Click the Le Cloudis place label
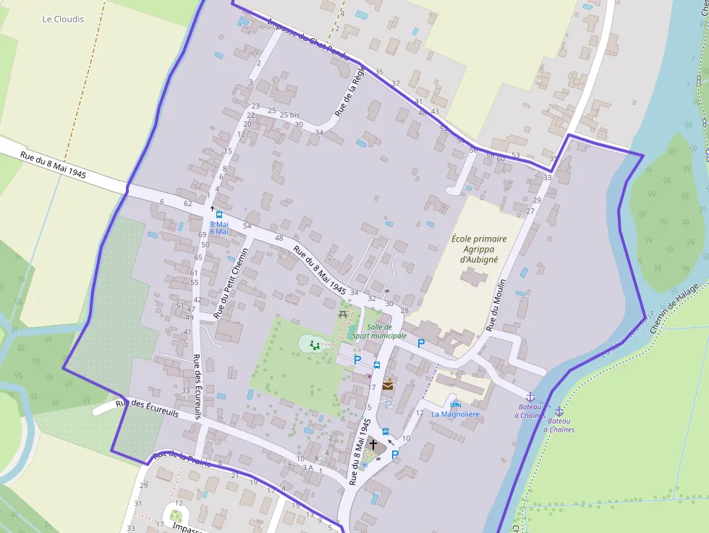[63, 20]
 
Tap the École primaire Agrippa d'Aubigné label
[479, 249]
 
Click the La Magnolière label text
[455, 414]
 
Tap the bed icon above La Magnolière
[455, 404]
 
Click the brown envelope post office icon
[389, 385]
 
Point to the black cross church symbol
[373, 445]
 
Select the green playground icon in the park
[314, 346]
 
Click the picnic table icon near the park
[343, 315]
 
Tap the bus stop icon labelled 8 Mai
[219, 215]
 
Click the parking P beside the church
[395, 455]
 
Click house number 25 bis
[289, 115]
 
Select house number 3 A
[307, 468]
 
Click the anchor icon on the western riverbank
[530, 397]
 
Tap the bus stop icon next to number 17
[377, 365]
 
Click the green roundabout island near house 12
[176, 516]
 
